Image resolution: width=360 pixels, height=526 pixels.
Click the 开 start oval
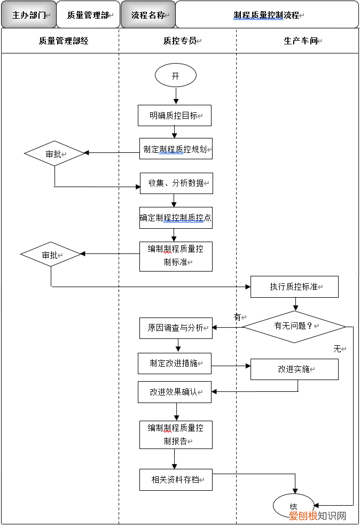click(x=175, y=76)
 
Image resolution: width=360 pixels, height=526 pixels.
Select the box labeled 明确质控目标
click(x=175, y=115)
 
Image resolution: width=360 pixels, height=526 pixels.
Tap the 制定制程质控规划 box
click(x=176, y=149)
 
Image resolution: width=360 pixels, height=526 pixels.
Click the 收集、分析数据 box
click(x=176, y=183)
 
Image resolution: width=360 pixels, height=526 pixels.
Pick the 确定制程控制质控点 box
click(x=176, y=218)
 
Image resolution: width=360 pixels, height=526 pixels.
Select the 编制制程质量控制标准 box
click(x=176, y=256)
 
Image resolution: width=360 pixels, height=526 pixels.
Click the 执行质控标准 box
click(x=294, y=287)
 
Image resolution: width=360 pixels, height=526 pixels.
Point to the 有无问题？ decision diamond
click(x=294, y=326)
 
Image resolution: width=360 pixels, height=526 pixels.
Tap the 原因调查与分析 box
click(x=176, y=328)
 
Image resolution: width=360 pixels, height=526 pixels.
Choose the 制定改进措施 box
click(x=175, y=363)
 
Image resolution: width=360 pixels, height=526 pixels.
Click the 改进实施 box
click(x=294, y=369)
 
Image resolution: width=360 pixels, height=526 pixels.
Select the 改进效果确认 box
click(x=175, y=392)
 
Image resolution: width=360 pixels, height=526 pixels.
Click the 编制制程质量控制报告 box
click(x=176, y=434)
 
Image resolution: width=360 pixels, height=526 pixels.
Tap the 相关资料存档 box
click(x=176, y=479)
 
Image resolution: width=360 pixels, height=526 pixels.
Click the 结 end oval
click(x=293, y=506)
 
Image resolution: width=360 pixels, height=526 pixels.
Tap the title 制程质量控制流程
click(x=267, y=15)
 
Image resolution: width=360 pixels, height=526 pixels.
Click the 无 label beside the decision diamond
click(x=338, y=349)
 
